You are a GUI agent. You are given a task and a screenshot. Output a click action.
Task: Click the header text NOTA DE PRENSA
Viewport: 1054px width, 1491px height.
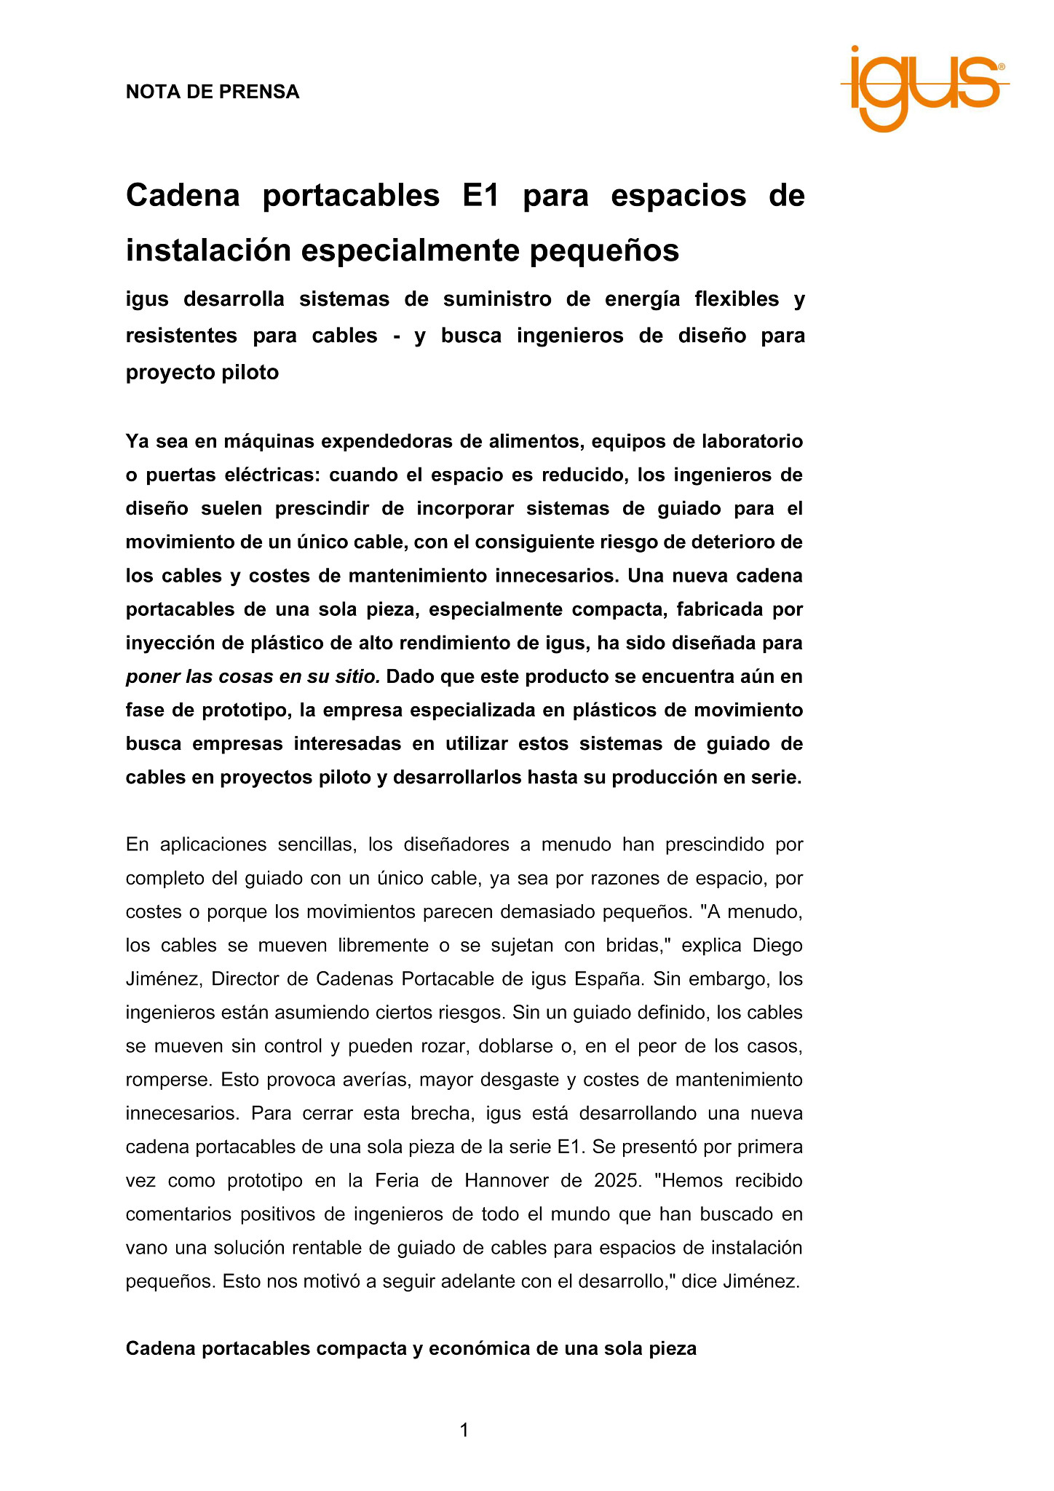tap(213, 92)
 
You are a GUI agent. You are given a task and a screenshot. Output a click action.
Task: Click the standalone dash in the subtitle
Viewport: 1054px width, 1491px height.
tap(397, 336)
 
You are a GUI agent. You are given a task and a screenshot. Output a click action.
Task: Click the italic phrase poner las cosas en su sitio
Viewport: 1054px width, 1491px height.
tap(253, 676)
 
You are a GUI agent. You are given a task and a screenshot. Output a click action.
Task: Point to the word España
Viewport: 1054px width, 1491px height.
tap(609, 978)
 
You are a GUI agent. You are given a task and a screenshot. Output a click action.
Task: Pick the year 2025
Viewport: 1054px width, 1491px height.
tap(616, 1180)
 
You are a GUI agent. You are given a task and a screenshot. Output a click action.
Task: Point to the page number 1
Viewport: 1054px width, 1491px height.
tap(464, 1431)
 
